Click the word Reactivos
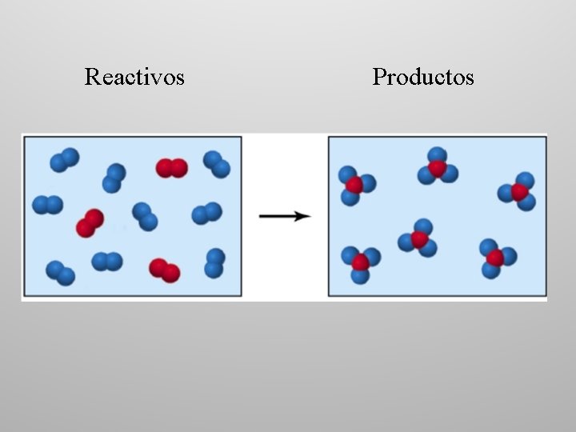(x=134, y=77)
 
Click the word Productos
(x=422, y=77)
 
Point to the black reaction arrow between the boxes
(x=284, y=216)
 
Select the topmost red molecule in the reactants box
(x=171, y=168)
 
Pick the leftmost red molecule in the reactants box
(x=90, y=223)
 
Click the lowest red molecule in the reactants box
(x=164, y=270)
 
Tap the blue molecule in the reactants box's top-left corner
(x=64, y=160)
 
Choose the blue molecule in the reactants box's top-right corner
(x=216, y=163)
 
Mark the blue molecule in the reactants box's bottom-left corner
(x=60, y=272)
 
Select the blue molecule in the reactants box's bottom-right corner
(x=214, y=263)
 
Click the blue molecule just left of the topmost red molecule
(x=114, y=178)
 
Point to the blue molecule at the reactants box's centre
(x=145, y=216)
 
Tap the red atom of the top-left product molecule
(x=354, y=185)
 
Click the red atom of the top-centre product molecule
(x=437, y=168)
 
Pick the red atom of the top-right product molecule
(x=519, y=192)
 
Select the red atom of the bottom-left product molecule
(x=361, y=262)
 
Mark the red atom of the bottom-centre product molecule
(x=420, y=239)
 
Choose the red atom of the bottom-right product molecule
(x=495, y=258)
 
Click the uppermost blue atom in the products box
(x=437, y=154)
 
